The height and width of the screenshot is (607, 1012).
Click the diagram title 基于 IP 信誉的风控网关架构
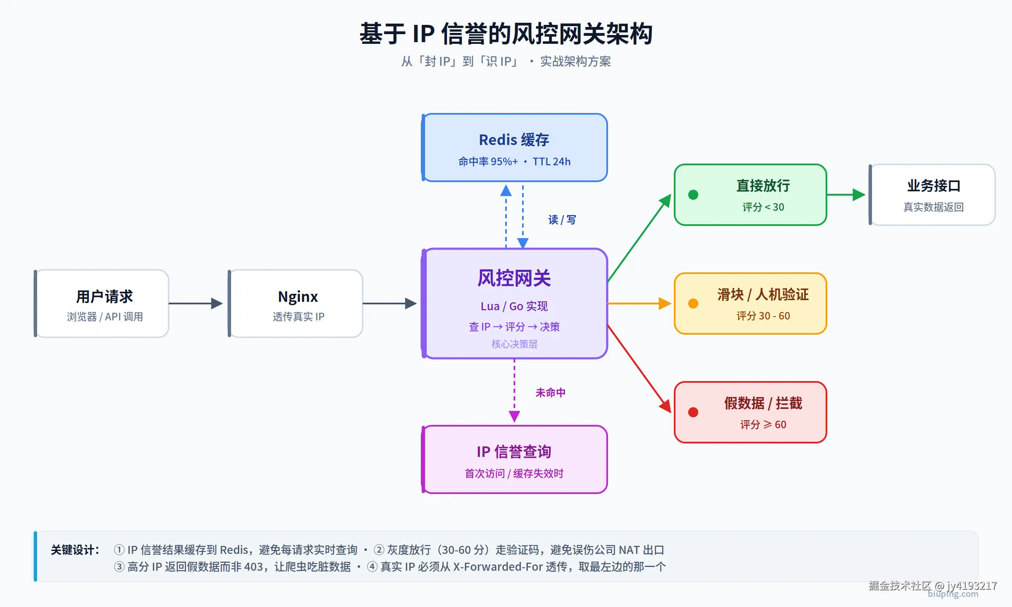(x=506, y=34)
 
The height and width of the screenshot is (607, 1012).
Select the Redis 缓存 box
(x=514, y=148)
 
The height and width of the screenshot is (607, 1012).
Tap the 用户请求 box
(x=102, y=303)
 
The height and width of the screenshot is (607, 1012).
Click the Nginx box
(x=296, y=303)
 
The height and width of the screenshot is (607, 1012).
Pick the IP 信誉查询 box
(x=514, y=459)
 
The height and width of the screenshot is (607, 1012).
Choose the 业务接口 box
(x=933, y=195)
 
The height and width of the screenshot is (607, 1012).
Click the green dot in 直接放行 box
(x=693, y=195)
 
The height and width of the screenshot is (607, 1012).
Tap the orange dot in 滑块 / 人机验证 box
(x=693, y=303)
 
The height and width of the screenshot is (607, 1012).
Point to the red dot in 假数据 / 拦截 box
(x=693, y=412)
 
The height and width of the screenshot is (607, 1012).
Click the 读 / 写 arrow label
(x=562, y=220)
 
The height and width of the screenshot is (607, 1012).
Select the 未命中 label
(x=550, y=393)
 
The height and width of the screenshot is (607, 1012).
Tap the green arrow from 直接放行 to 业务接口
(x=845, y=195)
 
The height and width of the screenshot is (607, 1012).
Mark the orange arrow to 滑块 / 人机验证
(x=639, y=303)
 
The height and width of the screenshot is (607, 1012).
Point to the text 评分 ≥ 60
(x=763, y=424)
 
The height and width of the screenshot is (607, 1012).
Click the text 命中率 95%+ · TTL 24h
(x=514, y=162)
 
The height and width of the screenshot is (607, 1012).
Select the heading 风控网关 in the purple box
(x=514, y=278)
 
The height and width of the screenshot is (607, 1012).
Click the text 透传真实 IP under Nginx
(x=299, y=317)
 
